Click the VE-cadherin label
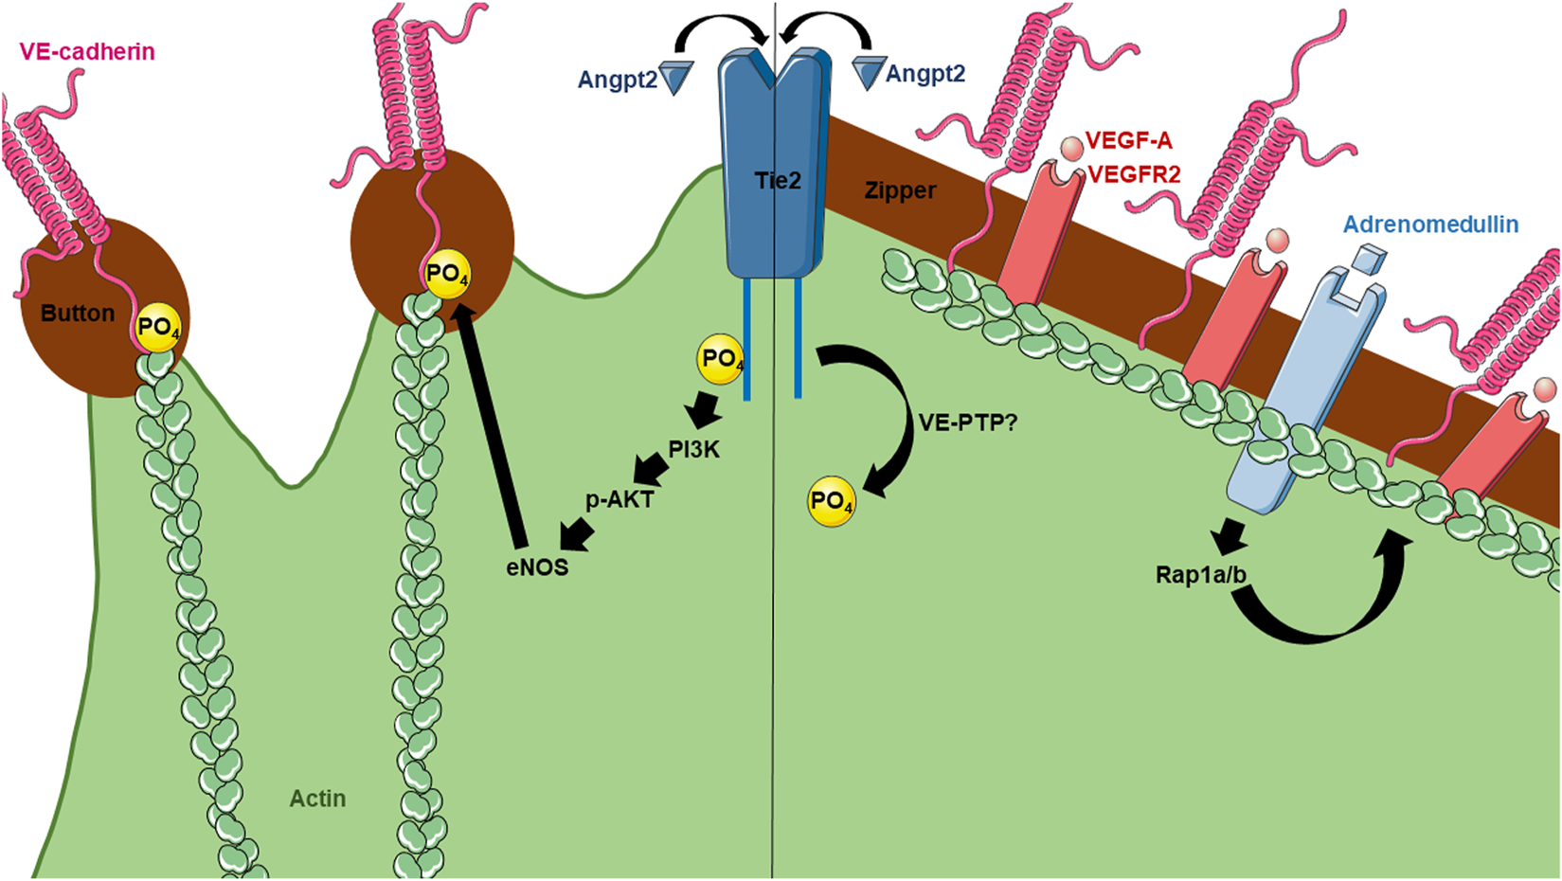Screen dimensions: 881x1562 (x=87, y=51)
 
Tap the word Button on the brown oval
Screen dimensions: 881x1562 (x=78, y=314)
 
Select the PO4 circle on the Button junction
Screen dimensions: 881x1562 (x=158, y=329)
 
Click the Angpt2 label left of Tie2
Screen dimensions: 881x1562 (x=618, y=80)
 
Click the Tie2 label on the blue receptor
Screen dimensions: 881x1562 (x=778, y=180)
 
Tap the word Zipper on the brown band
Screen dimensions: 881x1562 (x=900, y=190)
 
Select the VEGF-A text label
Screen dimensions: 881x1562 (x=1128, y=141)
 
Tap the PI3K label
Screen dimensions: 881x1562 (x=694, y=450)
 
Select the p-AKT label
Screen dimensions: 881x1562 (x=619, y=499)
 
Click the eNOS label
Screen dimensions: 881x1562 (x=537, y=567)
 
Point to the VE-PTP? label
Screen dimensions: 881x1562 (x=968, y=423)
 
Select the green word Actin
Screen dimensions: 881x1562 (x=317, y=799)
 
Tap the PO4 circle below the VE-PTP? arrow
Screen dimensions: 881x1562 (x=831, y=502)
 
